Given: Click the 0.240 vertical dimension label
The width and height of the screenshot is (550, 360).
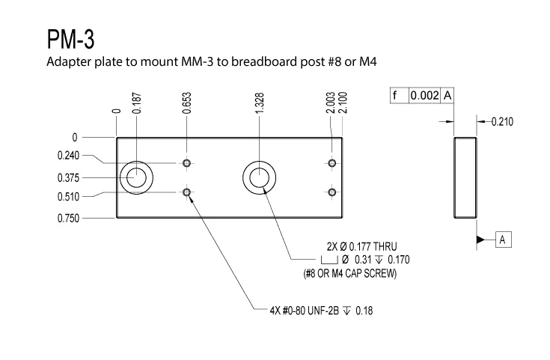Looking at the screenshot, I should (x=67, y=156).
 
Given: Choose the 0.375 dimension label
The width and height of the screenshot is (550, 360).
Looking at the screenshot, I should (x=67, y=178).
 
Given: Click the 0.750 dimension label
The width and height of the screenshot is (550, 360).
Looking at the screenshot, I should (x=67, y=219).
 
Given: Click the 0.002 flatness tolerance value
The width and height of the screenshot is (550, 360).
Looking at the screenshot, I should (x=424, y=96).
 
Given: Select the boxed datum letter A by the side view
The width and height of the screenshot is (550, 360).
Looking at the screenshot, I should (x=504, y=239).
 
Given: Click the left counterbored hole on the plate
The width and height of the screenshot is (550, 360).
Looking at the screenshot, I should (x=136, y=177).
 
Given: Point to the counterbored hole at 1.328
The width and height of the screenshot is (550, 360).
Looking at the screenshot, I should (x=259, y=177).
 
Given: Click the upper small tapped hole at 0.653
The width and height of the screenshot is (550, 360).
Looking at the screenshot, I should (x=186, y=162).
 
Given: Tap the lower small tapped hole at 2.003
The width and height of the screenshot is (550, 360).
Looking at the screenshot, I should (x=331, y=192).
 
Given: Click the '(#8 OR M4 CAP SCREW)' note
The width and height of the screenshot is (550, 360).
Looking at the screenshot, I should (x=349, y=274).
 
